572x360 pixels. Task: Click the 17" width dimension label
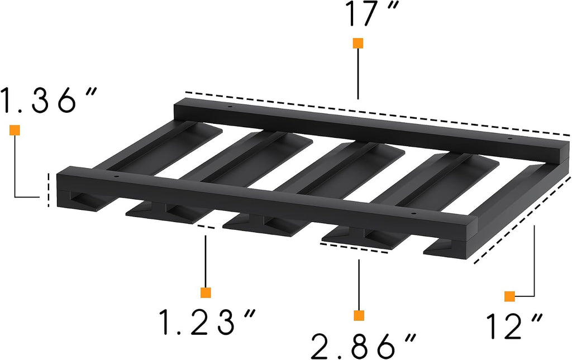(371, 13)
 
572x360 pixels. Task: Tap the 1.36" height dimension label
(49, 100)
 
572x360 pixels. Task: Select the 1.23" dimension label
(207, 321)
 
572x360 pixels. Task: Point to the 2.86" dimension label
(363, 346)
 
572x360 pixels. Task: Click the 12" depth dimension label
(514, 325)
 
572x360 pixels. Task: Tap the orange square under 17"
(358, 43)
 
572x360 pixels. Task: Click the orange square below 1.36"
(15, 130)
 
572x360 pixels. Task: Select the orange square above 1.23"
(206, 292)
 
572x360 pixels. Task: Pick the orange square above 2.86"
(359, 315)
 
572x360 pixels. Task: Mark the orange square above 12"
(509, 296)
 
